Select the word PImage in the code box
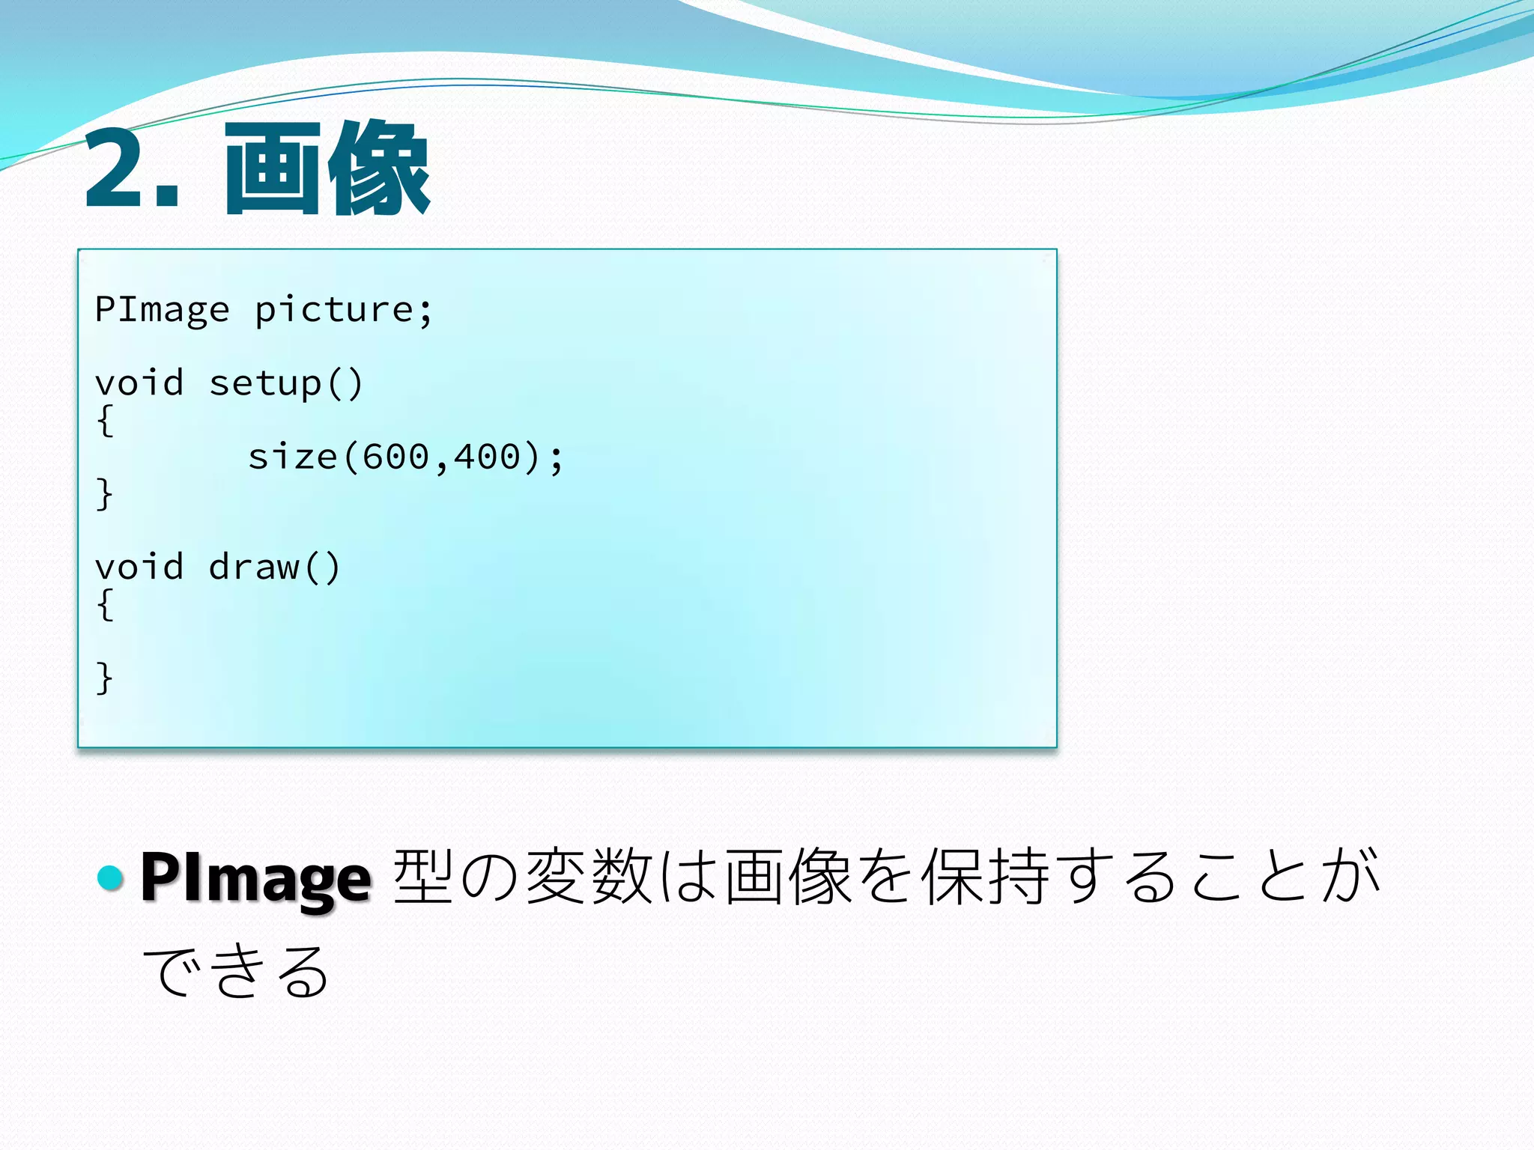[162, 310]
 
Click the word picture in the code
[334, 310]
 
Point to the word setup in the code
[265, 384]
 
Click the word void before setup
[139, 384]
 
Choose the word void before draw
[139, 568]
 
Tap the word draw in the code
[254, 568]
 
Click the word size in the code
[292, 457]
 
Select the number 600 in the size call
[395, 457]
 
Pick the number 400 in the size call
[487, 457]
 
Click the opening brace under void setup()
[105, 421]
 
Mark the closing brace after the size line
[105, 494]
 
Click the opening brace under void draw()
[105, 604]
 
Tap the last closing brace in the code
[105, 678]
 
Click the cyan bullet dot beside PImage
[111, 877]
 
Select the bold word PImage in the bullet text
[255, 878]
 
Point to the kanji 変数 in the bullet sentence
[589, 877]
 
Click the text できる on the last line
[237, 971]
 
